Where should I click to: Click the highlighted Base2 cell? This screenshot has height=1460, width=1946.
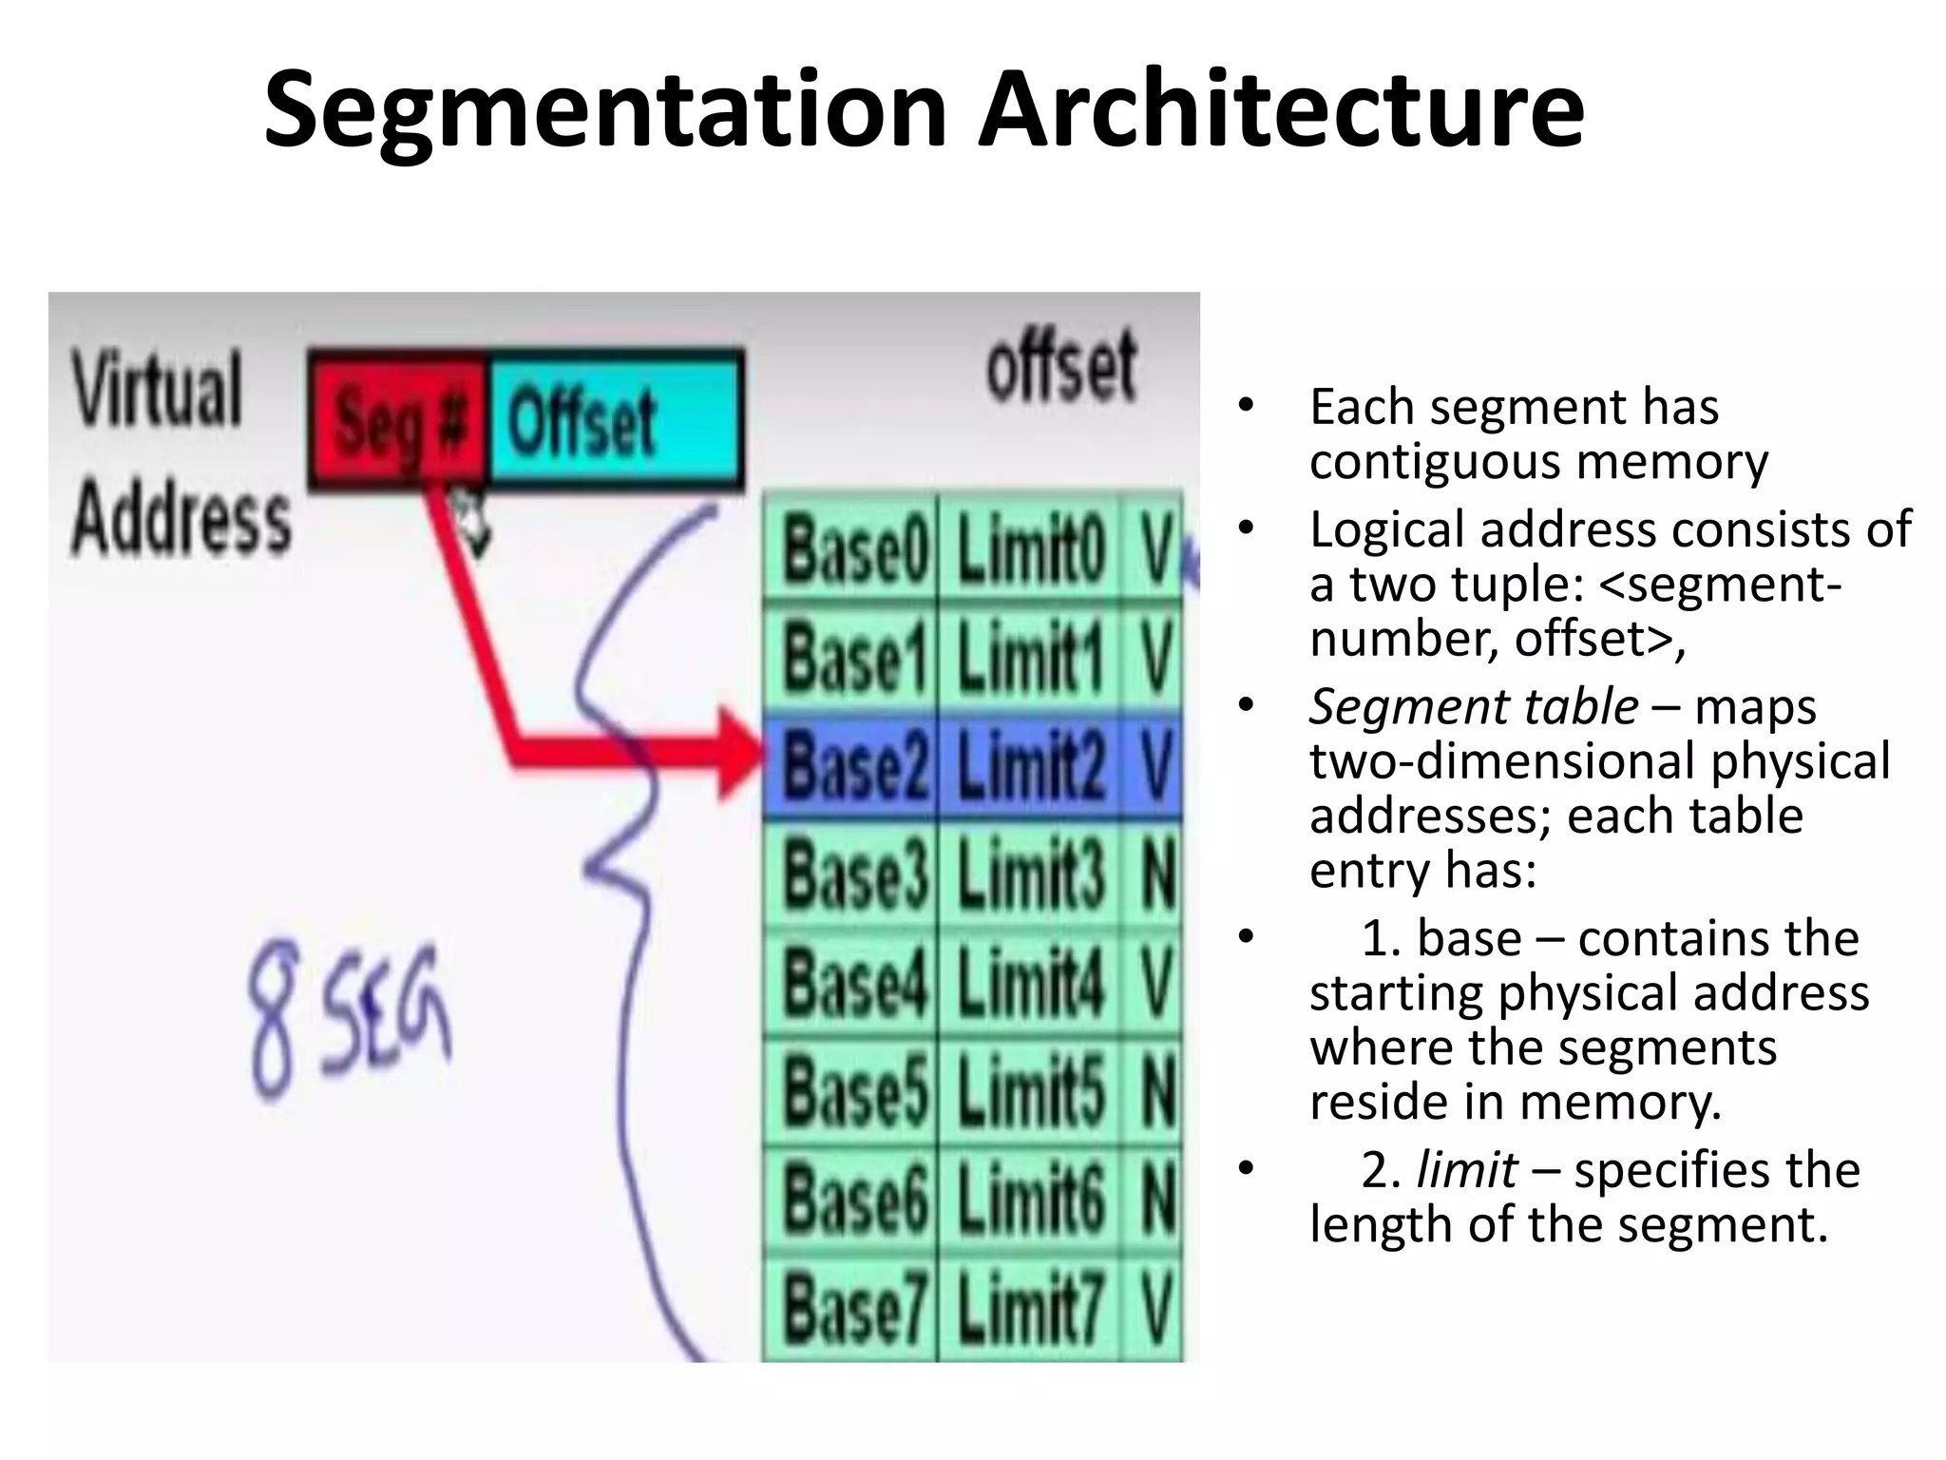(x=852, y=766)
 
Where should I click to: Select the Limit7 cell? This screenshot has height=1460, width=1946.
(x=1030, y=1308)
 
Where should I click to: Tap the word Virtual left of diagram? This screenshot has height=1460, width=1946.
(x=158, y=390)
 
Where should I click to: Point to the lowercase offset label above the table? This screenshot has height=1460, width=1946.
(x=1060, y=367)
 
